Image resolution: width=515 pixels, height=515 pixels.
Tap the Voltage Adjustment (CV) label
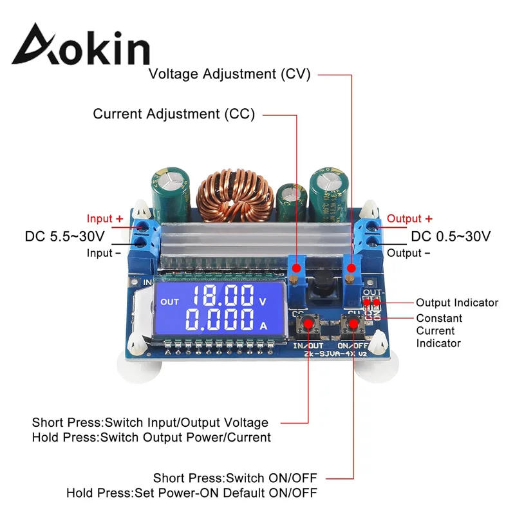click(x=230, y=74)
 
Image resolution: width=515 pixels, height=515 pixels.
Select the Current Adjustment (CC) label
click(x=174, y=115)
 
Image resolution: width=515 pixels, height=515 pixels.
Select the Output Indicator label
click(x=457, y=303)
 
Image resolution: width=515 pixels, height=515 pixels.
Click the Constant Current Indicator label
click(x=439, y=330)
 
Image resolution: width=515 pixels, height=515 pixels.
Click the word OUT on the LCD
click(x=170, y=301)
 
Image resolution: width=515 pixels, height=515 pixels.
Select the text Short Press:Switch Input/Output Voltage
click(x=150, y=423)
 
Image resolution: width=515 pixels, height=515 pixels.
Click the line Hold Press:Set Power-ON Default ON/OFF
click(x=192, y=493)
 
